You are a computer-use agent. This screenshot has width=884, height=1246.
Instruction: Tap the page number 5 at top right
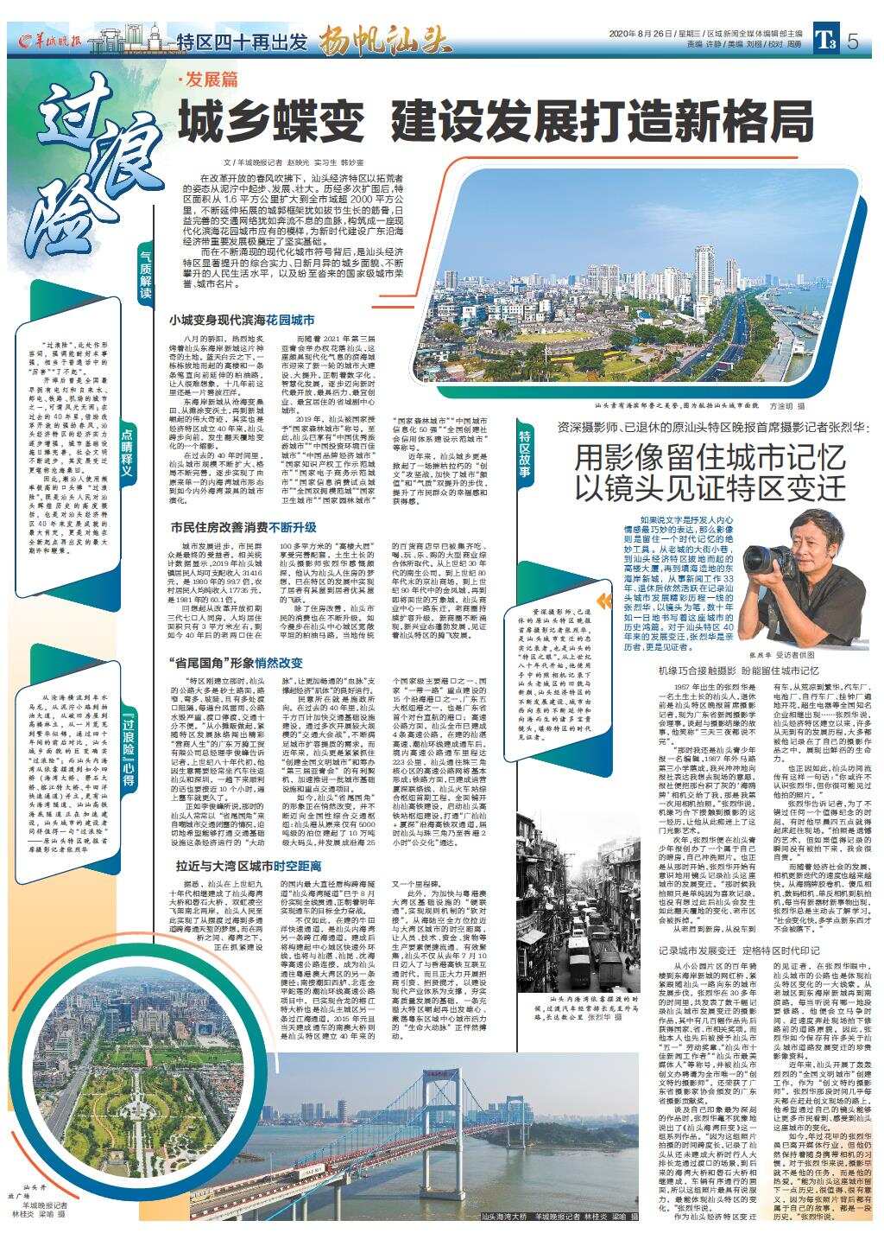[x=852, y=41]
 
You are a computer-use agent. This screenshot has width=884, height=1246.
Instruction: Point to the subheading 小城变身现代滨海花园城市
[x=242, y=320]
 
